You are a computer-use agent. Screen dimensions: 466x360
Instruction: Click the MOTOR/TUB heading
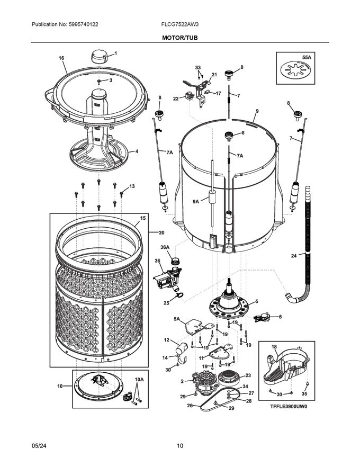click(180, 38)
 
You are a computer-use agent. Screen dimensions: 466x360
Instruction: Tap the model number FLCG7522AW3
click(179, 24)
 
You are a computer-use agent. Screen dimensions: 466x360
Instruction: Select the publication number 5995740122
click(65, 24)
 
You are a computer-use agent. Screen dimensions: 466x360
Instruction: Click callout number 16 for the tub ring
click(61, 58)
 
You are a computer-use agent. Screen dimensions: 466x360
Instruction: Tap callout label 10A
click(139, 380)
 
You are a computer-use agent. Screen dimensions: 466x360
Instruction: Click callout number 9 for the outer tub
click(256, 111)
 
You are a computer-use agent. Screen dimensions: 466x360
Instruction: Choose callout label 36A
click(165, 247)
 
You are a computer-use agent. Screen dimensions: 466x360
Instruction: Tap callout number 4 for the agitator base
click(137, 151)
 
